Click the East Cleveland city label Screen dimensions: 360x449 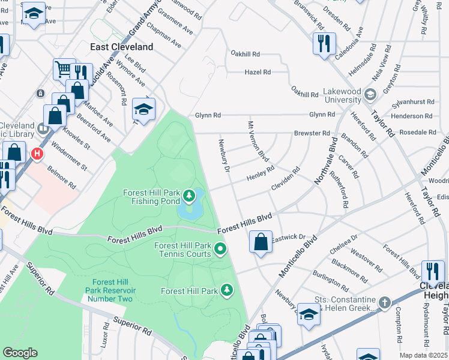click(x=122, y=47)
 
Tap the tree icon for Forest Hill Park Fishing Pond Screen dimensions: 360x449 click(x=190, y=195)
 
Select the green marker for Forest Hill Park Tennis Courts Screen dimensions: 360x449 click(x=220, y=248)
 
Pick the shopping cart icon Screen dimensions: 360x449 click(x=62, y=68)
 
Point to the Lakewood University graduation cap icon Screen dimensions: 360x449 click(x=370, y=94)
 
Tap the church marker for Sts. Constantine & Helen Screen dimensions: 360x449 click(x=385, y=302)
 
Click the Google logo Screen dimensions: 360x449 click(x=20, y=353)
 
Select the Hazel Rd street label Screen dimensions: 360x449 click(x=258, y=72)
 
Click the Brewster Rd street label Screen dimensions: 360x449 click(x=312, y=133)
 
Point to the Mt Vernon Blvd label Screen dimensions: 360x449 click(x=259, y=142)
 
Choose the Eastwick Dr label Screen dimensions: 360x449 click(x=288, y=238)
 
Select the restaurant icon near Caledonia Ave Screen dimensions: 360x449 click(x=322, y=43)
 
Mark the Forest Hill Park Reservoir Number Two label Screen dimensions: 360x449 click(x=110, y=287)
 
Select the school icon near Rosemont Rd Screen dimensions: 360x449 click(x=143, y=109)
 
